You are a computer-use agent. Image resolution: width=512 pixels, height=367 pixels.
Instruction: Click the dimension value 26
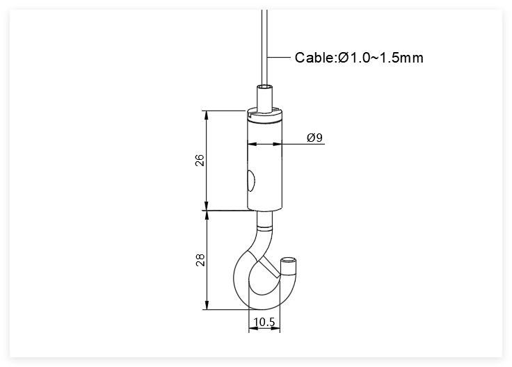pyautogui.click(x=200, y=160)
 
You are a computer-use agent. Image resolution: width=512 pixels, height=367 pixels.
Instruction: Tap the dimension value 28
pyautogui.click(x=200, y=260)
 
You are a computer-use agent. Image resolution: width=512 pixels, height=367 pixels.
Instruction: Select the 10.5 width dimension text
pyautogui.click(x=264, y=322)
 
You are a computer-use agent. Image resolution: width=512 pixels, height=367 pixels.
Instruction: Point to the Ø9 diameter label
pyautogui.click(x=314, y=138)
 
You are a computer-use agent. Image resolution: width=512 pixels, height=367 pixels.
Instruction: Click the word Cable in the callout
pyautogui.click(x=314, y=58)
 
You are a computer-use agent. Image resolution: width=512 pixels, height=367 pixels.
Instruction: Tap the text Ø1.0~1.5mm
pyautogui.click(x=381, y=58)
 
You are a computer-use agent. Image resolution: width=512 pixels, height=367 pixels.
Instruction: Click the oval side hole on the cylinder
pyautogui.click(x=250, y=181)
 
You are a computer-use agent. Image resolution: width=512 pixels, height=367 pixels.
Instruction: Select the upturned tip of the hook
pyautogui.click(x=288, y=264)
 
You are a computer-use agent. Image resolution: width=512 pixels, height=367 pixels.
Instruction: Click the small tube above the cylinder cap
pyautogui.click(x=265, y=99)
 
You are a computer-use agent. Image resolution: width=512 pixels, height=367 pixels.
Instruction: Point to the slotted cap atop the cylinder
pyautogui.click(x=264, y=114)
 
